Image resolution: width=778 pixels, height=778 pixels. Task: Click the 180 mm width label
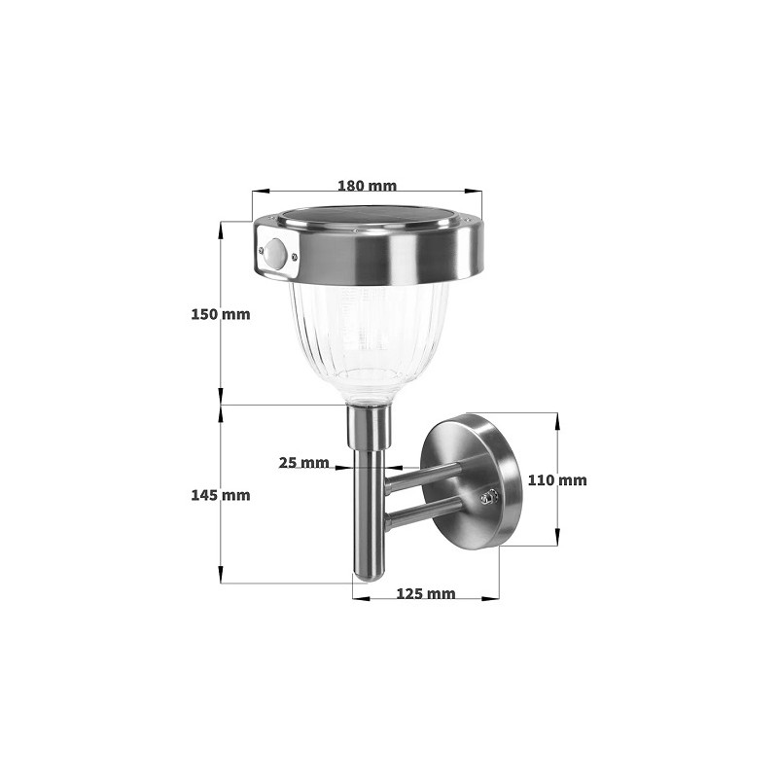(367, 185)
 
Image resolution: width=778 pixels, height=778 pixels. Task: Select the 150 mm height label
(222, 314)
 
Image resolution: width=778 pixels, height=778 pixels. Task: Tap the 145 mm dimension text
(222, 495)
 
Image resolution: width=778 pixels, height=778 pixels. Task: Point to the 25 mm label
(303, 463)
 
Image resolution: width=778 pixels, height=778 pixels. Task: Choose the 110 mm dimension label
(557, 479)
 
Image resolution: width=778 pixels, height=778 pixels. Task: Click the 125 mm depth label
(426, 593)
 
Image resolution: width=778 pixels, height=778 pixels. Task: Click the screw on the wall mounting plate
(489, 497)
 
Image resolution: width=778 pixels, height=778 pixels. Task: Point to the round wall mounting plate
(477, 480)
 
